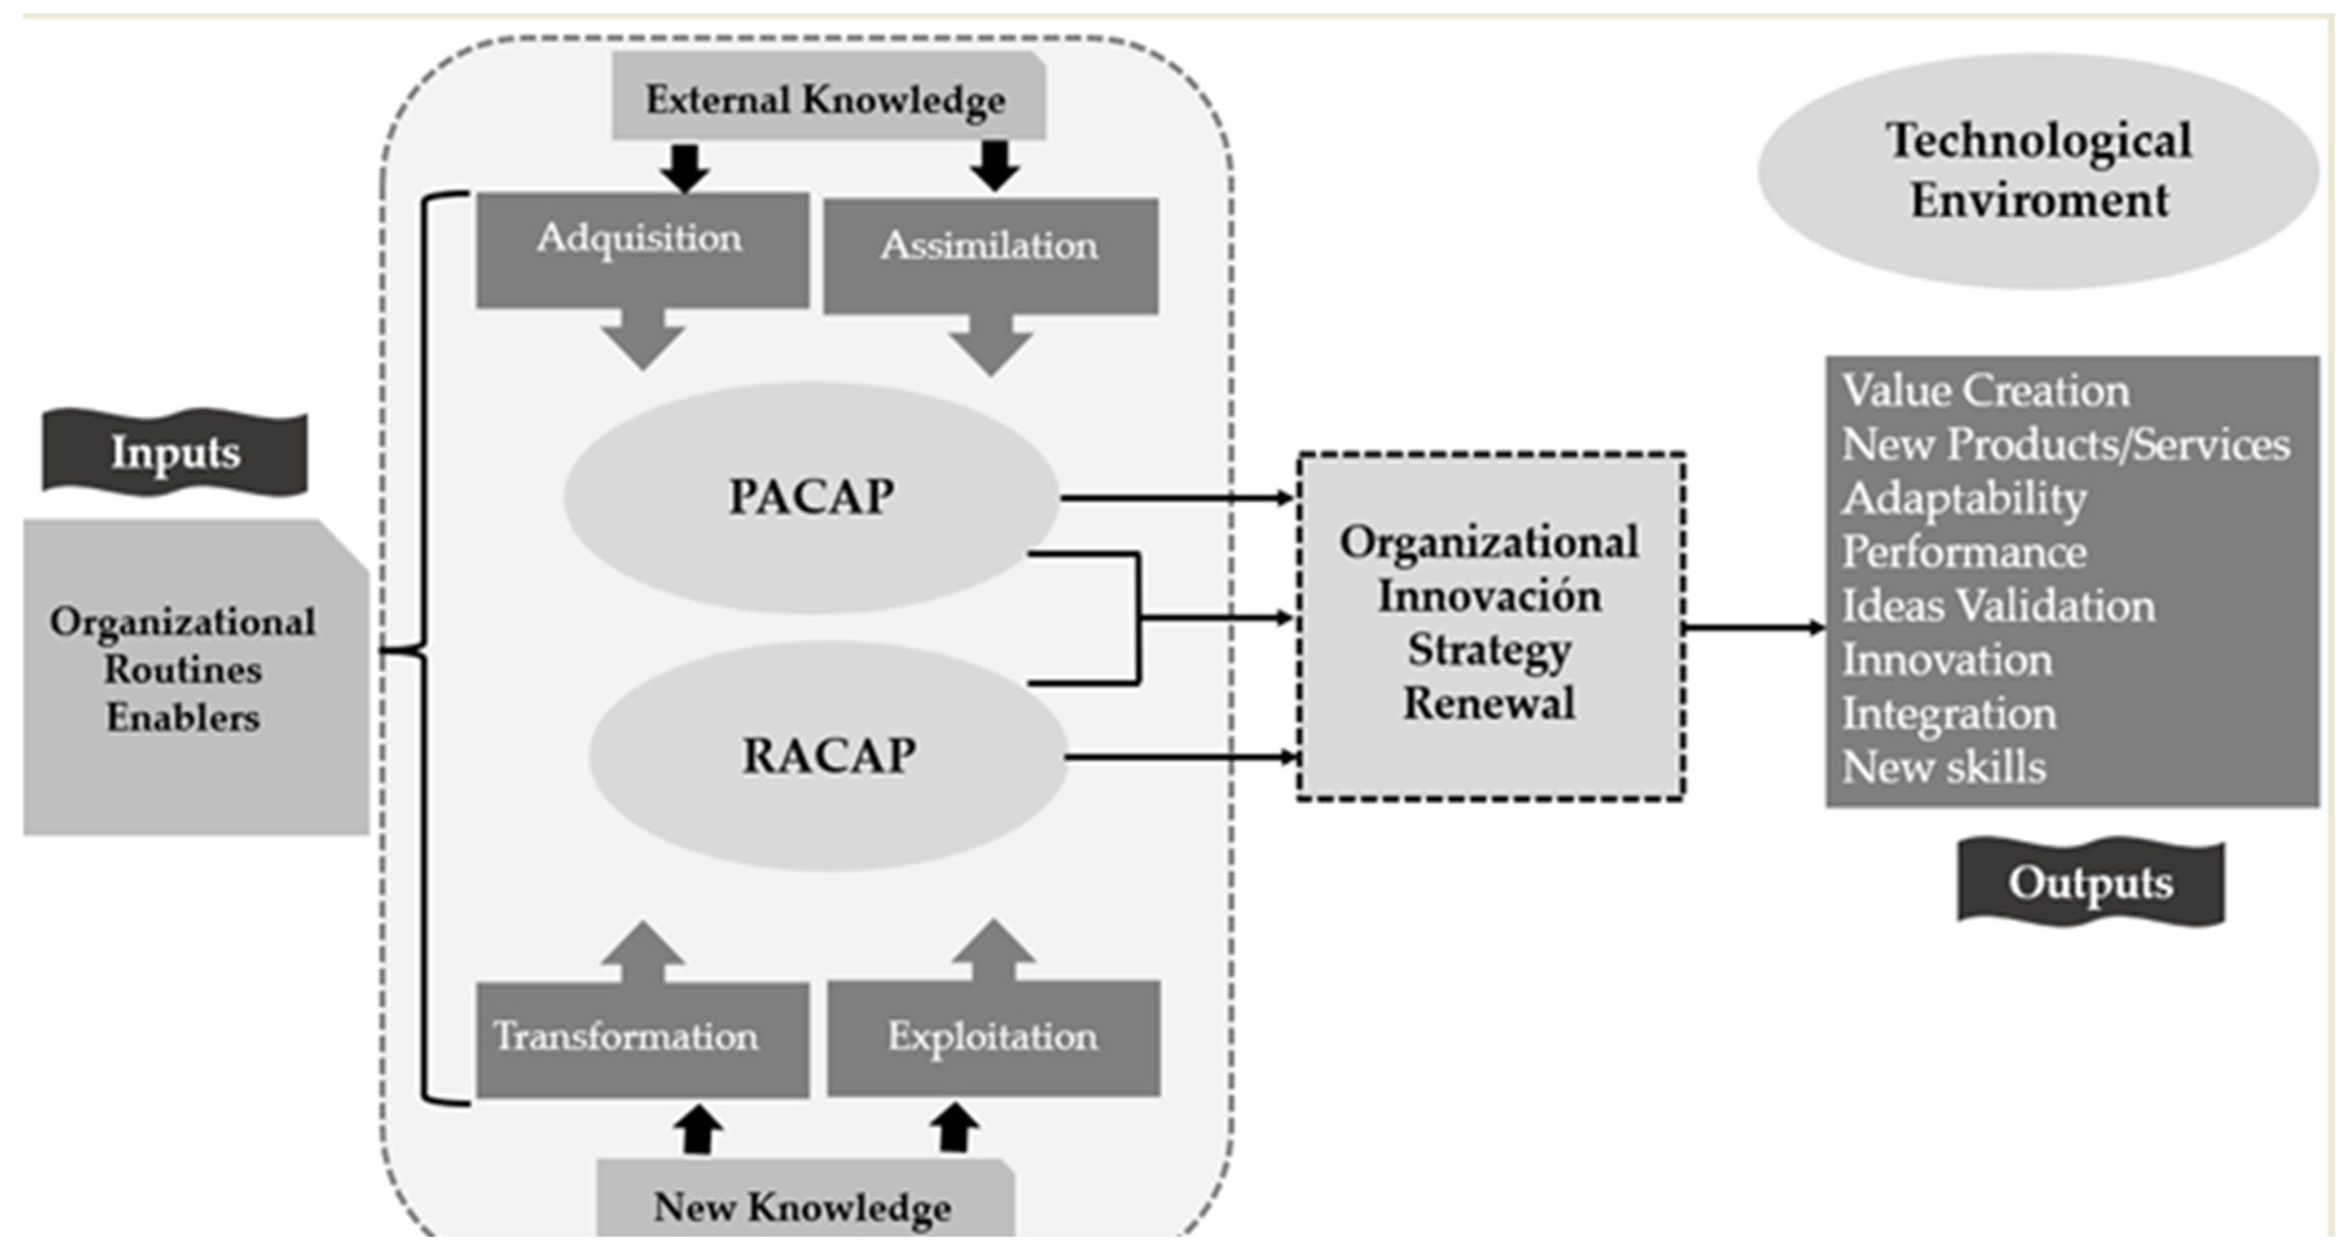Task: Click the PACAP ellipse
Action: tap(811, 497)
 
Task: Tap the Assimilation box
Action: tap(991, 256)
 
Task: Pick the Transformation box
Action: tap(641, 1038)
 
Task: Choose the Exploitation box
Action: tap(993, 1038)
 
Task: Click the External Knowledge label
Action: tap(826, 98)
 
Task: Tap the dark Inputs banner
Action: tap(175, 452)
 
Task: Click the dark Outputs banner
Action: tap(2090, 882)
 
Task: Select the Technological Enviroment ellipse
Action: tap(2038, 172)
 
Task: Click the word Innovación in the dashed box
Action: tap(1489, 597)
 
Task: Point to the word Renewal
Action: tap(1489, 704)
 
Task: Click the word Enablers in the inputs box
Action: tap(183, 718)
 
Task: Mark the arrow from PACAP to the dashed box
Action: tap(1177, 498)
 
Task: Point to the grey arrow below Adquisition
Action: tap(643, 340)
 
